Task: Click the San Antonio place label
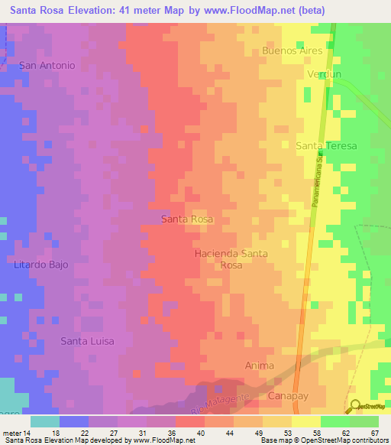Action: click(47, 66)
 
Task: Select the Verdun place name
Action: click(322, 74)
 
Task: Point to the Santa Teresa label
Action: click(326, 145)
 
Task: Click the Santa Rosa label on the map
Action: click(187, 219)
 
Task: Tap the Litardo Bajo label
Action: click(41, 265)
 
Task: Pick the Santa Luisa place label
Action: click(88, 341)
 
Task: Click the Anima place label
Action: click(260, 365)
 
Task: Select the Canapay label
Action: click(286, 395)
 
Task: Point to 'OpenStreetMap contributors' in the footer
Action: click(351, 440)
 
